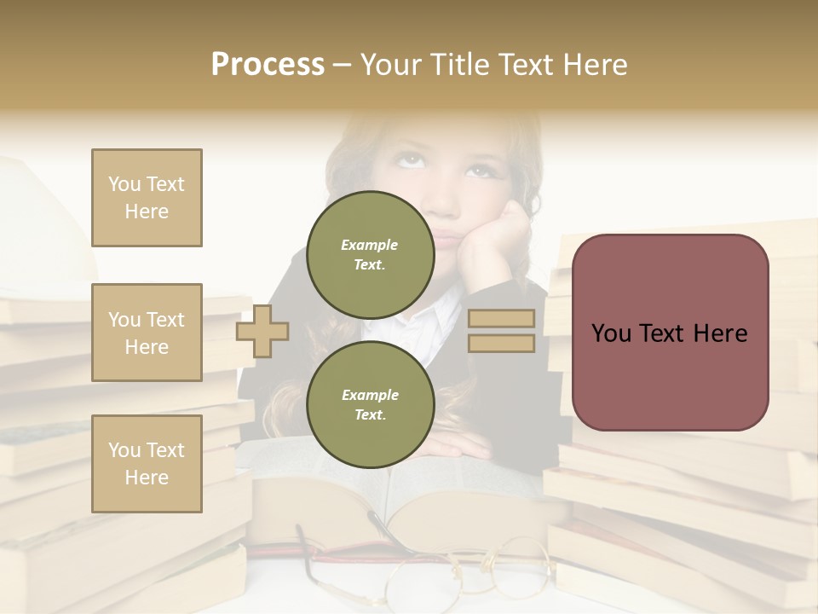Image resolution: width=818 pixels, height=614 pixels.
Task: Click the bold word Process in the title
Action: coord(268,64)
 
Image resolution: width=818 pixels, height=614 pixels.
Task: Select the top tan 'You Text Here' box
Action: coord(147,198)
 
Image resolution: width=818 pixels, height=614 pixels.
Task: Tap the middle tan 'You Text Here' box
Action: coord(147,333)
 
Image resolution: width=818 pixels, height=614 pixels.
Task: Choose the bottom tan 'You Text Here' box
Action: coord(147,464)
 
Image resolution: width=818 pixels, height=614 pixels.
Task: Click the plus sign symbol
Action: coord(262,331)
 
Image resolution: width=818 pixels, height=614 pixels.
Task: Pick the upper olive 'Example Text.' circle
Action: coord(370,254)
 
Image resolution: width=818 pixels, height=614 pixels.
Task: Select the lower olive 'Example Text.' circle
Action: coord(370,404)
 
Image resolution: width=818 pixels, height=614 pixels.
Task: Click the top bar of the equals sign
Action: coord(502,319)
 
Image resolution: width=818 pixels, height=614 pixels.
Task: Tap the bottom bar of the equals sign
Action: coord(502,343)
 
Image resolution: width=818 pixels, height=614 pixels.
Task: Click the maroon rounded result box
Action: coord(670,333)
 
